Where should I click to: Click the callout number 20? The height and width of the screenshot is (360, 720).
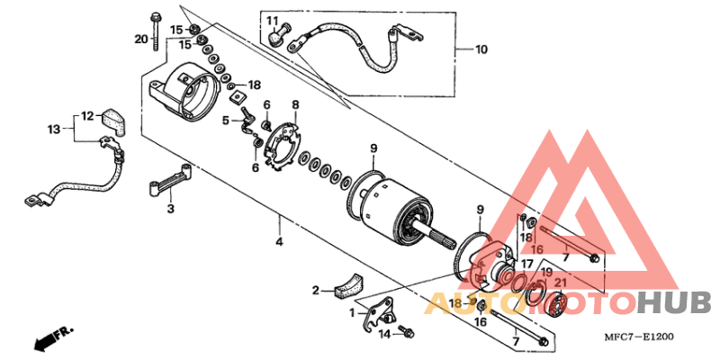(140, 39)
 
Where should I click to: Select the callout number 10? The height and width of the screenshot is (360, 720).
(481, 49)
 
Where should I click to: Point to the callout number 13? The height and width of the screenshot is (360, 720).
(54, 130)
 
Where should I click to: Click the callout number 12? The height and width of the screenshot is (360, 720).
(87, 116)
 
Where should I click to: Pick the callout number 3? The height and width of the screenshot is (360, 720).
(168, 210)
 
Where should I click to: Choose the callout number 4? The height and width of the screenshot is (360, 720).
(279, 243)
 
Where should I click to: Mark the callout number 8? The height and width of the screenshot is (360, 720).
(295, 105)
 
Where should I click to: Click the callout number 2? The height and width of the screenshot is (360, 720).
(317, 290)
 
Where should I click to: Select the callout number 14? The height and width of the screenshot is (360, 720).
(384, 334)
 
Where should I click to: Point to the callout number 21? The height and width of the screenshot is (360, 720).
(560, 283)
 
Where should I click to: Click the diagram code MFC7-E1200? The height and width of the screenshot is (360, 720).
(640, 337)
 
